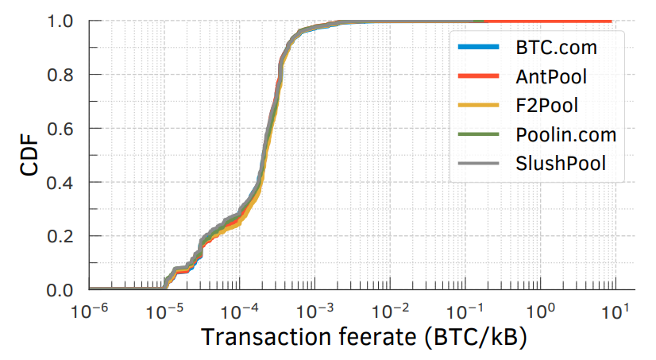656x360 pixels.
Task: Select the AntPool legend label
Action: pos(548,77)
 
